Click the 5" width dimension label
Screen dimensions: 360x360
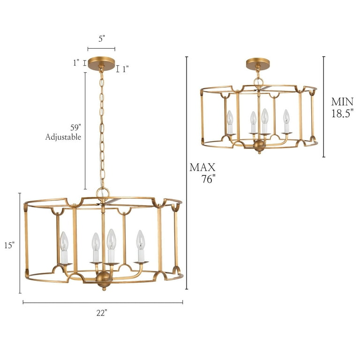[101, 40]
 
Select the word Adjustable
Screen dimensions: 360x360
[63, 137]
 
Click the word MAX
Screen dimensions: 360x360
[202, 167]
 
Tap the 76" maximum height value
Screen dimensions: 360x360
[208, 180]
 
